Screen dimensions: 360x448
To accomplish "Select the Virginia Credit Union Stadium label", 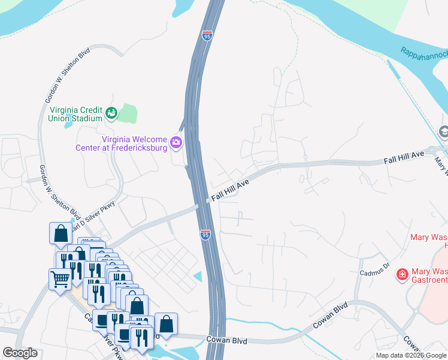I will click(x=74, y=114).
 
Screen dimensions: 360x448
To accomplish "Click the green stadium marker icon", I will click(x=111, y=112).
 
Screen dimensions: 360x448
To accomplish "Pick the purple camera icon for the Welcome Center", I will click(x=176, y=142).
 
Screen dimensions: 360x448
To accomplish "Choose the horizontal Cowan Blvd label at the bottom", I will click(x=226, y=340).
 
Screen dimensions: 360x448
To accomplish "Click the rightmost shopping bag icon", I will click(x=166, y=324).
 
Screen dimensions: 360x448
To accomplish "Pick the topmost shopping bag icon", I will click(x=60, y=233).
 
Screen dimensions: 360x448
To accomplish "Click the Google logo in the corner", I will click(x=20, y=353).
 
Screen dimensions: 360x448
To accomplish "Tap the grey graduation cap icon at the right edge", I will click(x=444, y=131).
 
